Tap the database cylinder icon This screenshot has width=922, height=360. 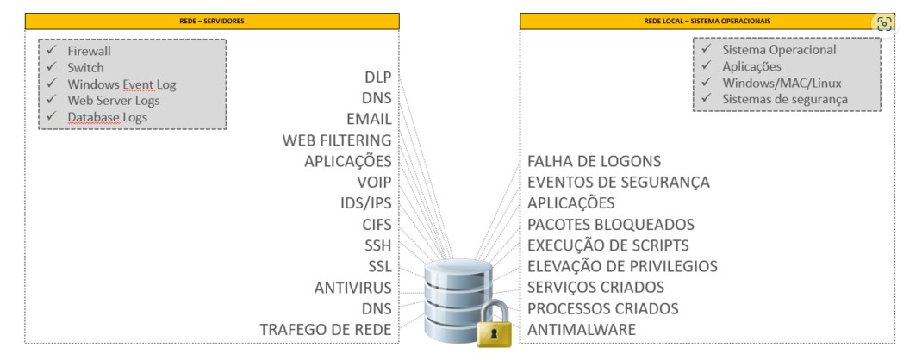(x=458, y=300)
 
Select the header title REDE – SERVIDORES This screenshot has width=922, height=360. (x=212, y=22)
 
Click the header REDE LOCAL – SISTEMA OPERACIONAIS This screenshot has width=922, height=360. (x=707, y=22)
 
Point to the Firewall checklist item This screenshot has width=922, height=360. (x=89, y=51)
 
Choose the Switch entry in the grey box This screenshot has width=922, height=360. (x=85, y=67)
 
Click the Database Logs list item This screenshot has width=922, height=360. (x=107, y=117)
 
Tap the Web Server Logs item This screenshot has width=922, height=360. (x=114, y=101)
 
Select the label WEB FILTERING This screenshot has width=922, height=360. (x=337, y=140)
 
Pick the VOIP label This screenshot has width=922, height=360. (x=374, y=182)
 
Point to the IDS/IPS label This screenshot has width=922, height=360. (x=365, y=203)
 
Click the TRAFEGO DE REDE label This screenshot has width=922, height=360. (x=326, y=330)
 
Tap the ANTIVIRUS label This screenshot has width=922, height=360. (x=352, y=288)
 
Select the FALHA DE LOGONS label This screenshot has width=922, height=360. (x=595, y=161)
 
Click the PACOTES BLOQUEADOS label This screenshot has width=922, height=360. (x=611, y=224)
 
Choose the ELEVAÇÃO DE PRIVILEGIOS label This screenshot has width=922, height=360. (x=623, y=266)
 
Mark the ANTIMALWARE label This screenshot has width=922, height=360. (x=582, y=330)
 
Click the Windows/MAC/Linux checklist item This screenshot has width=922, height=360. (x=782, y=83)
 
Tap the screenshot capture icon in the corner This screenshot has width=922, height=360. (x=884, y=23)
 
